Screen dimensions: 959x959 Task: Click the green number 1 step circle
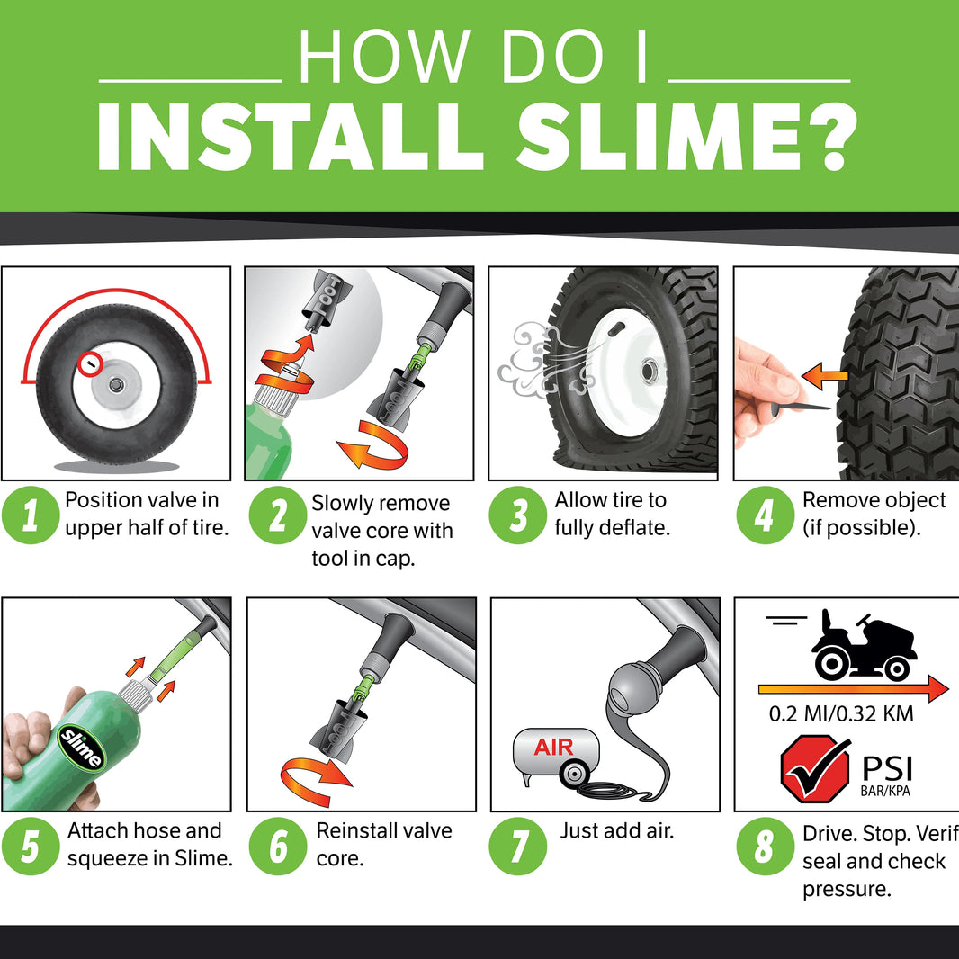[x=31, y=515]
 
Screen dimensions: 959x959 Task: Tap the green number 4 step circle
[x=765, y=515]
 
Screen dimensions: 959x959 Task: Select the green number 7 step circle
[x=518, y=846]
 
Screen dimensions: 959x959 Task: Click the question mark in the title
[x=829, y=138]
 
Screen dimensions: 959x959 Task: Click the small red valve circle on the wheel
[x=89, y=364]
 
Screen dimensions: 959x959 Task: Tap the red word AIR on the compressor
[x=553, y=747]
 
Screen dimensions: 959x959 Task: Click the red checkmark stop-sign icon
[x=815, y=769]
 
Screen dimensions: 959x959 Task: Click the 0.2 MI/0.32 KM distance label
[x=841, y=713]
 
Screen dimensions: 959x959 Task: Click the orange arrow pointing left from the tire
[x=824, y=376]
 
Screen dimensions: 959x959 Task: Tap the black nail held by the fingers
[x=801, y=407]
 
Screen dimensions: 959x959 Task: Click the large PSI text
[x=887, y=768]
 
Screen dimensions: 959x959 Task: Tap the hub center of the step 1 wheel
[x=115, y=385]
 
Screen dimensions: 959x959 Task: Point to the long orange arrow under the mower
[x=853, y=689]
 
